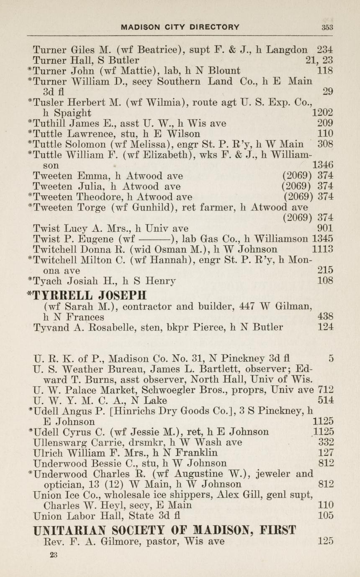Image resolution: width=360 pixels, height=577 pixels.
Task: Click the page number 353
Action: (327, 27)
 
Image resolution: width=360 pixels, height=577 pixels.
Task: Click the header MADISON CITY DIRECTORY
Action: (180, 27)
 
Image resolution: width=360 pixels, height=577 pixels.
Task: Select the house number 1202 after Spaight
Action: (323, 113)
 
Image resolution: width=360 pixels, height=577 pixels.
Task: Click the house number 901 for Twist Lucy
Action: (325, 228)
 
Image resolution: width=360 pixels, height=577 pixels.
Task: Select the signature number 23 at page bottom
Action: (53, 555)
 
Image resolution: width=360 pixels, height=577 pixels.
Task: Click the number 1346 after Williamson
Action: (323, 165)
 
